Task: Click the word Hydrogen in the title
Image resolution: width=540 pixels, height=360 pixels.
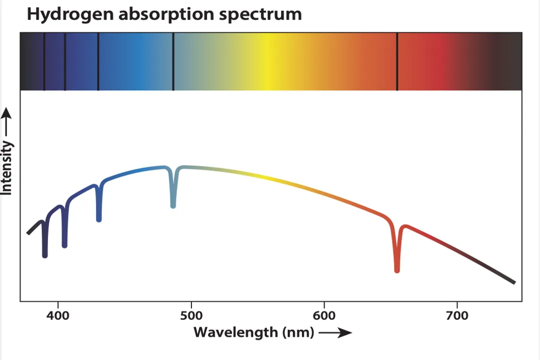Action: click(x=70, y=14)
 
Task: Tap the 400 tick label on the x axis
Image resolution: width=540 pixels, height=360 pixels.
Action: click(x=58, y=315)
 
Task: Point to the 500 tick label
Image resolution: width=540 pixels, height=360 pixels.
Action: click(x=191, y=315)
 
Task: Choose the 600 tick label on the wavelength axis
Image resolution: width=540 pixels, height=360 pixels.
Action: click(x=323, y=315)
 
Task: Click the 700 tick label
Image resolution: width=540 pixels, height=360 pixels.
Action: click(x=456, y=315)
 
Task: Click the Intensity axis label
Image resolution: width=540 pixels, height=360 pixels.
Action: click(x=6, y=167)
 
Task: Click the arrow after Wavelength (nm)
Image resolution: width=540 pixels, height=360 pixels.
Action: click(x=335, y=332)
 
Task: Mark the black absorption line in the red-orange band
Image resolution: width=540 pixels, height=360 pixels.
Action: click(x=397, y=61)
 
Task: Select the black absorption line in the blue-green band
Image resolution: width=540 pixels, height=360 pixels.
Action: click(x=173, y=61)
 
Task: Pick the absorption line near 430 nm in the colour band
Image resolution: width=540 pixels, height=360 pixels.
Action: click(x=98, y=61)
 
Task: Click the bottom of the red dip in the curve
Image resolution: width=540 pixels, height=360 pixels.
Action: click(x=397, y=269)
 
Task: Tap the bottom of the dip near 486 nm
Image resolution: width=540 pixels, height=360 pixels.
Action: click(x=173, y=204)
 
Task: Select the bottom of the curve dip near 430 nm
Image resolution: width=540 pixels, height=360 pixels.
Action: click(x=99, y=218)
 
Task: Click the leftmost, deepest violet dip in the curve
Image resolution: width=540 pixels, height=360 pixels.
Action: click(x=45, y=254)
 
